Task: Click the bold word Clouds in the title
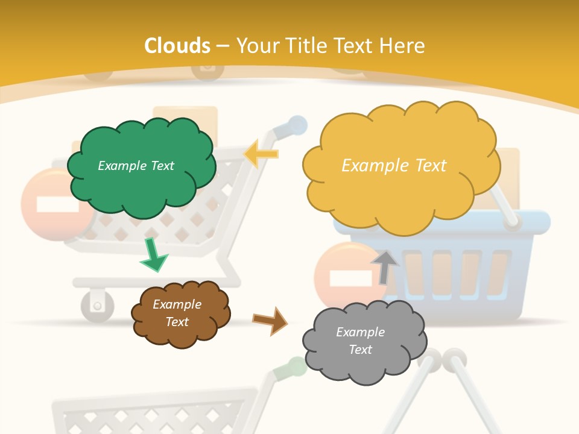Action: (177, 46)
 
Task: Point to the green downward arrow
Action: (153, 256)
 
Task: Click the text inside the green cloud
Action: (136, 166)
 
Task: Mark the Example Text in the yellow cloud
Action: (394, 166)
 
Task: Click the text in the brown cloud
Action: (177, 313)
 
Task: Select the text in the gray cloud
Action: (360, 341)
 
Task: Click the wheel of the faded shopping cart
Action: (97, 304)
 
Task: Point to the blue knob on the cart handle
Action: (297, 125)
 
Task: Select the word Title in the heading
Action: (306, 46)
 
